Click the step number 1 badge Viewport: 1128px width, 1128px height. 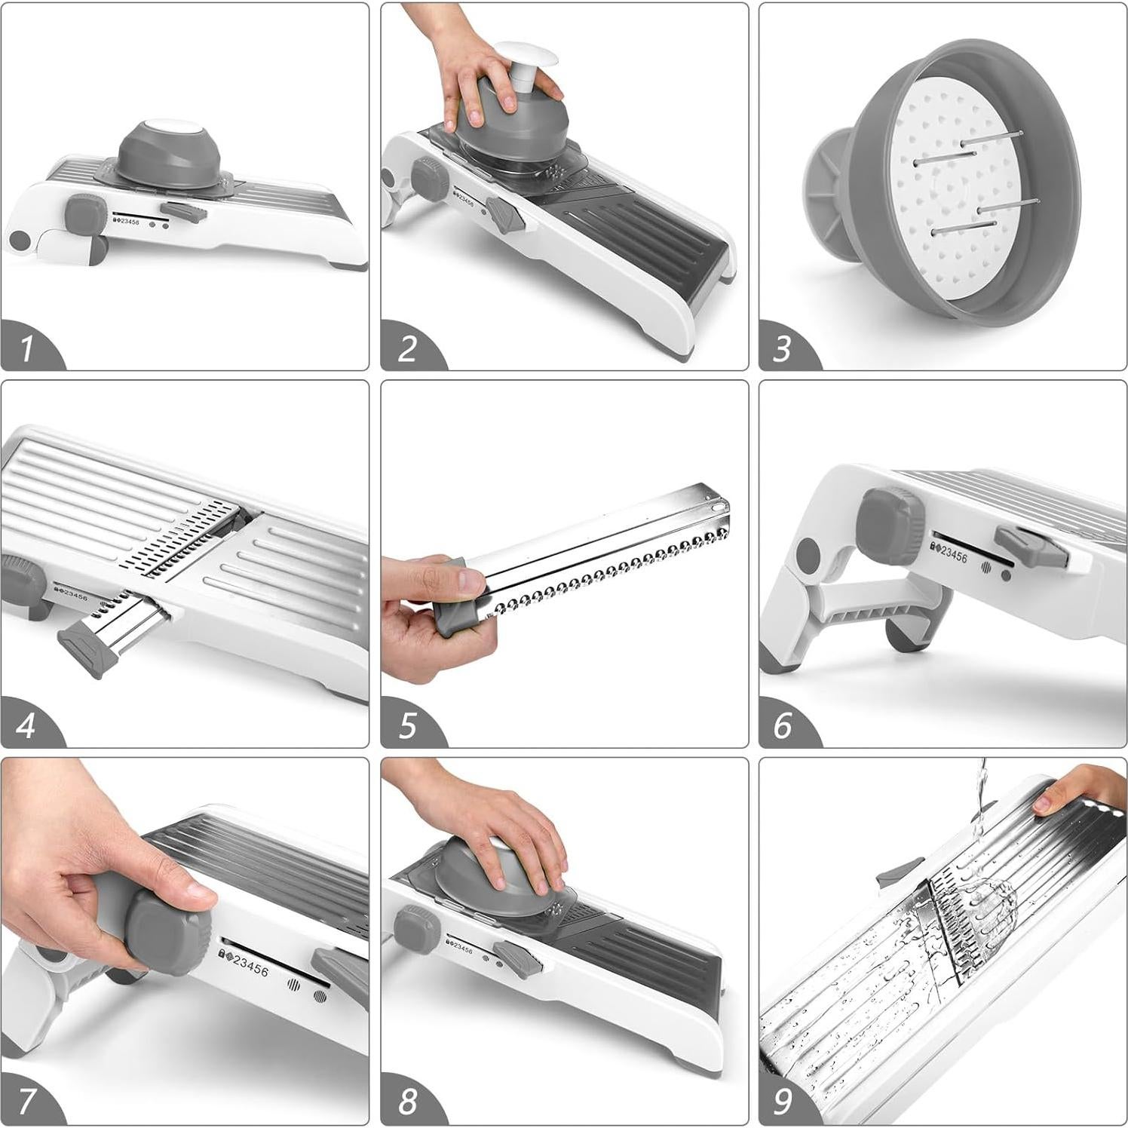click(29, 348)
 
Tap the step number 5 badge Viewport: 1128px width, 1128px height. click(408, 725)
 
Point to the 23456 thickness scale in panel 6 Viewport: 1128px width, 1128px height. click(952, 553)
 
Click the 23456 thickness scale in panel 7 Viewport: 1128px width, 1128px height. click(246, 964)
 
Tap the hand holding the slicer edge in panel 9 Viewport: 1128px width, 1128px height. click(1079, 788)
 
